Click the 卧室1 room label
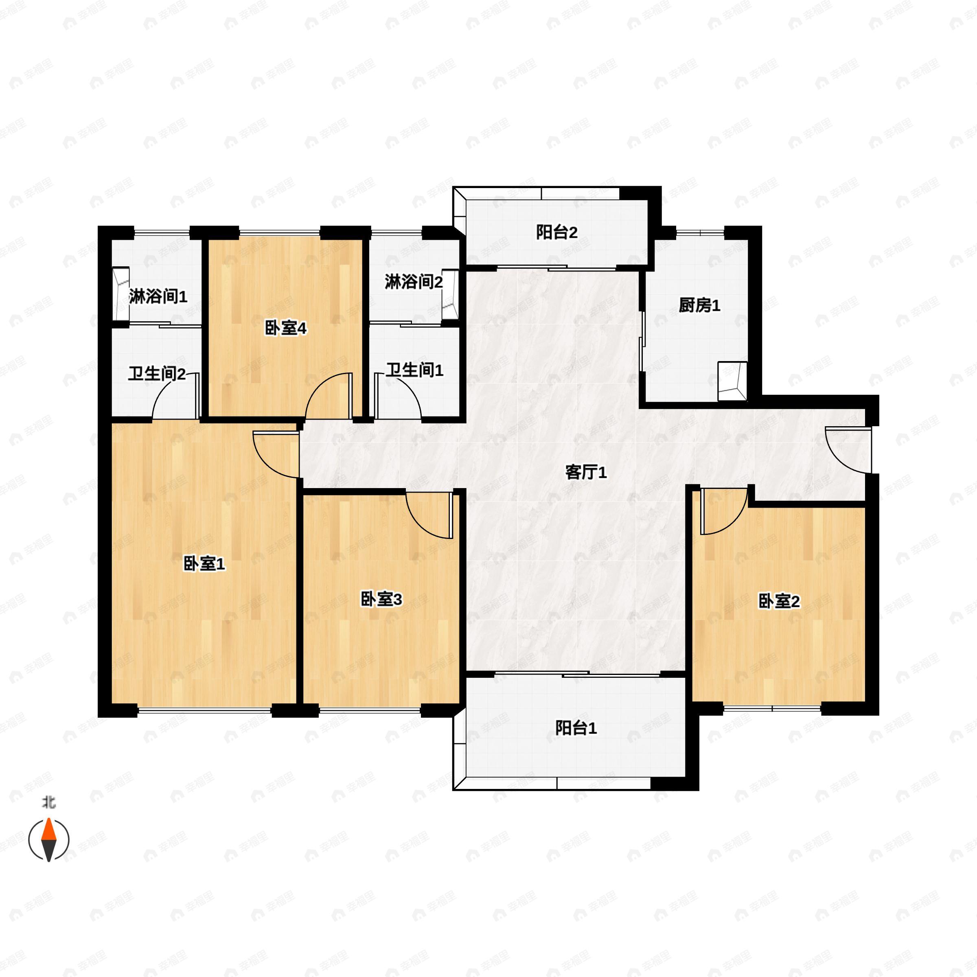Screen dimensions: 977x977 (x=204, y=563)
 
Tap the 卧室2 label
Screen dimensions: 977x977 (x=779, y=601)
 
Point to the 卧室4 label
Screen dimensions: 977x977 (x=286, y=329)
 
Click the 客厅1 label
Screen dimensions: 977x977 (x=586, y=472)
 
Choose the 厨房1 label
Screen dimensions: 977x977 (x=699, y=305)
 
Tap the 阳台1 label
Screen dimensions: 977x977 (x=576, y=728)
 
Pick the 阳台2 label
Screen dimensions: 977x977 (x=557, y=232)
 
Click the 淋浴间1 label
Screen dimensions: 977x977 (x=158, y=296)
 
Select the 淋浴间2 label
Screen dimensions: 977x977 (x=414, y=282)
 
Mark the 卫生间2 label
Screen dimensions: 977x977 (x=157, y=374)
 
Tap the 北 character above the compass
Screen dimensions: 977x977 (x=49, y=802)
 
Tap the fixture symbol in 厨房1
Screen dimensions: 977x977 (x=732, y=381)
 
